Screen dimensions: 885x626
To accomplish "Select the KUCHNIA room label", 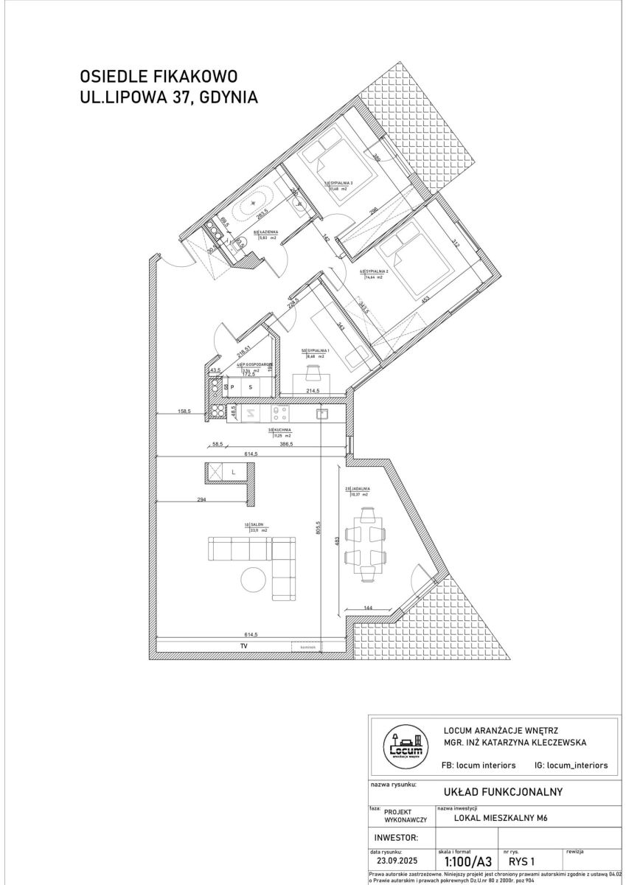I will coord(282,428).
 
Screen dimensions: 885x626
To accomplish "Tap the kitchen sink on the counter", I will coord(321,413).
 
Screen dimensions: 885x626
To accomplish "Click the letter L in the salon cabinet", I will coord(233,471).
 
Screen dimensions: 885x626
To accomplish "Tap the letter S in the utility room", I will coord(251,386).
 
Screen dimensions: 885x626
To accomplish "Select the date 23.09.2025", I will coord(396,860).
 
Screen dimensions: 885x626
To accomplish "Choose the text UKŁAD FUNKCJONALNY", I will coord(503,791).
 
